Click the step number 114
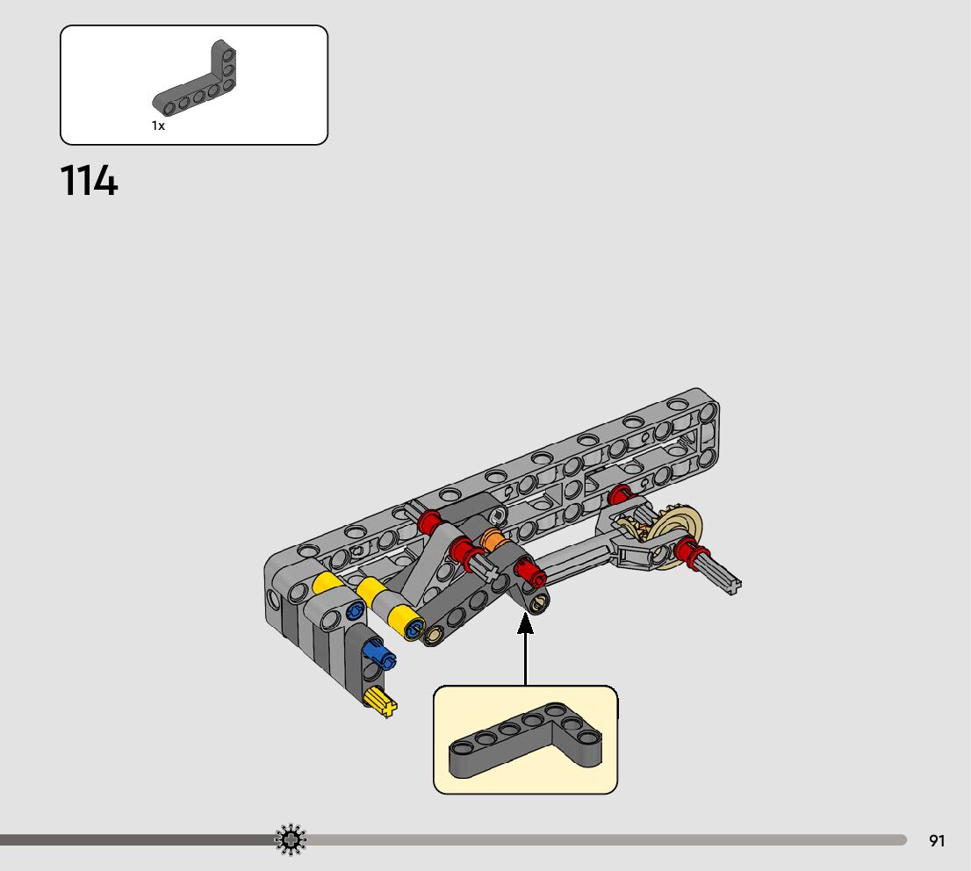click(89, 182)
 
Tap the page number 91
click(937, 841)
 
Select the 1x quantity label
click(158, 126)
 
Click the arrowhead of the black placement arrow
click(526, 623)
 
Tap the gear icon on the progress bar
click(291, 840)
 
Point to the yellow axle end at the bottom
click(381, 702)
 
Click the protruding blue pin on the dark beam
click(380, 653)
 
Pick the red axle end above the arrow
click(529, 576)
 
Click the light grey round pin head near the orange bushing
click(498, 515)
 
